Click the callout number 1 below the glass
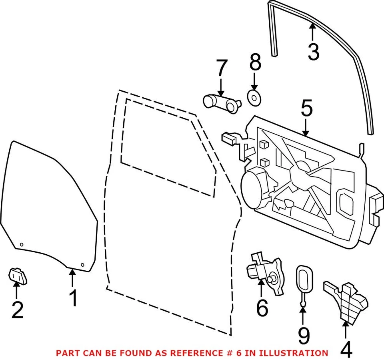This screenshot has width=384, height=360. [x=74, y=299]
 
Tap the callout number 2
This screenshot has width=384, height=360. [x=17, y=310]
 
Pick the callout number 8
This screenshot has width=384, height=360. [x=255, y=64]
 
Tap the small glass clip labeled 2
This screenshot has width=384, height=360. [x=18, y=276]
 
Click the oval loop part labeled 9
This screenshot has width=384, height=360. [x=304, y=277]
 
